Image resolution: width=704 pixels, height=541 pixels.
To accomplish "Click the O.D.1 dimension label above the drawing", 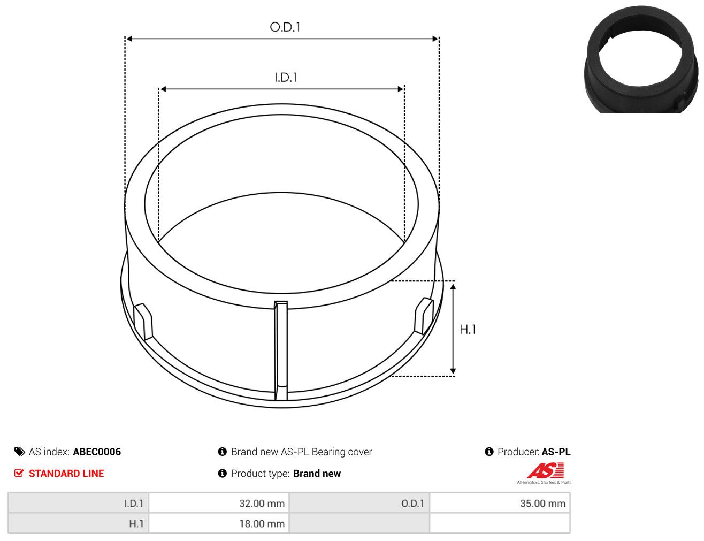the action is coord(285,27).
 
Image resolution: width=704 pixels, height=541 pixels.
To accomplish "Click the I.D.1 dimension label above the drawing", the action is coord(286,78).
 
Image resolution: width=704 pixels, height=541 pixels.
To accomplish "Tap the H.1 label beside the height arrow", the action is coord(468,330).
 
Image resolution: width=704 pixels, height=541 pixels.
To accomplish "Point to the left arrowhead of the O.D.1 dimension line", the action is coord(128,39).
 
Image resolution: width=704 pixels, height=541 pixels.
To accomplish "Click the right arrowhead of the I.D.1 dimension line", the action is coord(401,89).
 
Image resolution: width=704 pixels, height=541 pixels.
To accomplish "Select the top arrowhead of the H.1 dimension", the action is coord(453,287).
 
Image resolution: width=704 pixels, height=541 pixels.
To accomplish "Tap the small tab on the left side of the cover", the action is coord(143,322).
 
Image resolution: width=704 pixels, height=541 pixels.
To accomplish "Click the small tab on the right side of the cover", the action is coord(424,316).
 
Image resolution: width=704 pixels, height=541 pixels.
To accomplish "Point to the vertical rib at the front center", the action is coord(280,351).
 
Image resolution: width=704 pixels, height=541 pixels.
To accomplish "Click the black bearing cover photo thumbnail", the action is coord(641,60).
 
